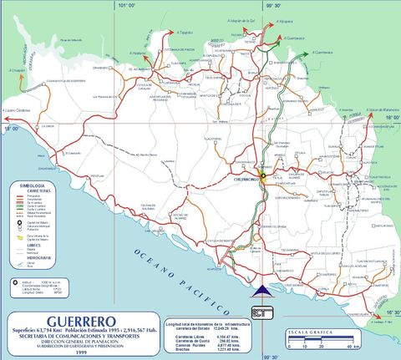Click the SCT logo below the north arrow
coord(262,311)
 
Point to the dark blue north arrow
coord(262,289)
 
